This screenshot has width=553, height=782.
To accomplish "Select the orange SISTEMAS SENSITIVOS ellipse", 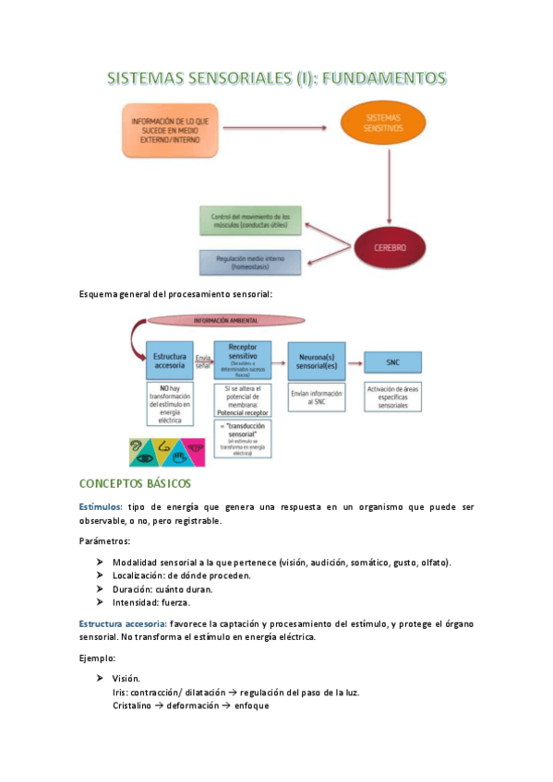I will click(384, 124).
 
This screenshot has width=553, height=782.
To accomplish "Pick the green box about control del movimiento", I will click(249, 220).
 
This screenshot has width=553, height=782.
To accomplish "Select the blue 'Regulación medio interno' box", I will click(249, 262).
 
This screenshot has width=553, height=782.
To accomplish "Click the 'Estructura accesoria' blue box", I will click(171, 361).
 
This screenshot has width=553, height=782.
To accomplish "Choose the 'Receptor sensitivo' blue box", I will click(243, 360).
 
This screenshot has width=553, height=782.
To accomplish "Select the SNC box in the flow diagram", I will click(392, 361).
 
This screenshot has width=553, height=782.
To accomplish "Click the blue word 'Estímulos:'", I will click(101, 507).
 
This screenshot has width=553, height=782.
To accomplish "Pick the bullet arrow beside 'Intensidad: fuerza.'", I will click(100, 602).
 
